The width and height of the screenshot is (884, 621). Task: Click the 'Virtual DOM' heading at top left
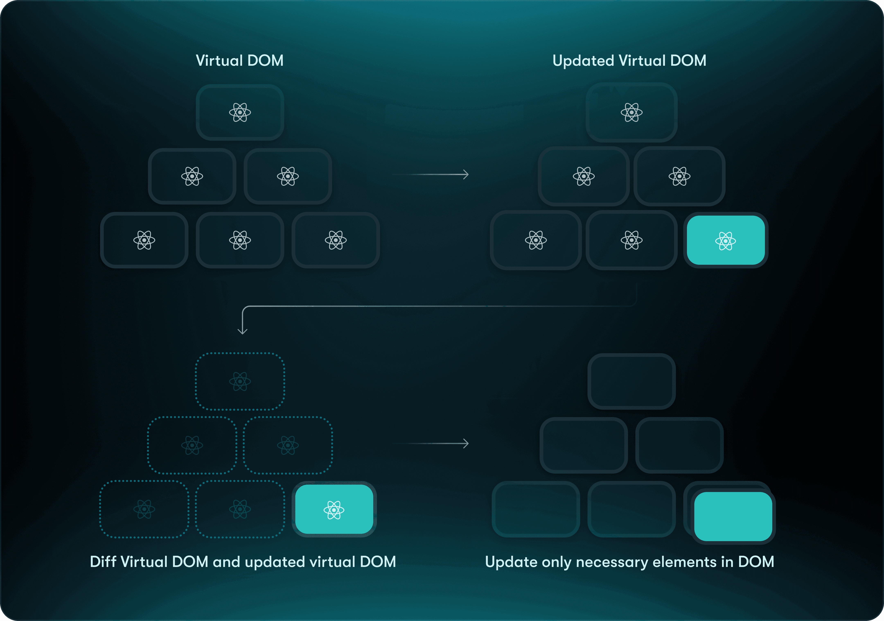point(239,60)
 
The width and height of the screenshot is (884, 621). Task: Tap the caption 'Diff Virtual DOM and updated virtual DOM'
point(243,562)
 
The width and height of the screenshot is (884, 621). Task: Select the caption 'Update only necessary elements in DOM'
point(629,562)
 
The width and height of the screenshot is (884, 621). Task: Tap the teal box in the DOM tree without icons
point(733,516)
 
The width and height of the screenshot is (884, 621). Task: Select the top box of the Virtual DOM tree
point(240,112)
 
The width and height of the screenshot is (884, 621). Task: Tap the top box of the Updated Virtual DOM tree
point(631,112)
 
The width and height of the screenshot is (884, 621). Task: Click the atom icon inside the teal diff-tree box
point(334,510)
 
